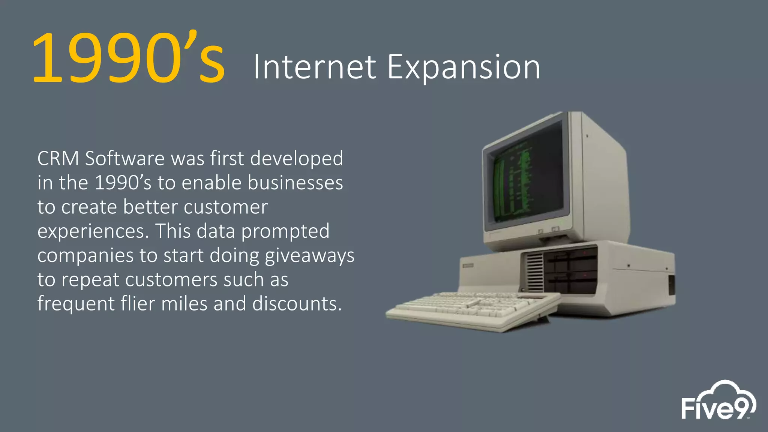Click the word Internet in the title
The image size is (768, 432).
tap(314, 67)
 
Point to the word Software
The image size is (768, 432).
tap(124, 159)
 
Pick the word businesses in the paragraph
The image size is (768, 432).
tap(295, 183)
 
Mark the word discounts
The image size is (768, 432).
tap(297, 304)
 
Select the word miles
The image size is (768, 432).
tap(184, 304)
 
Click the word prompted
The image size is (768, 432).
tap(285, 232)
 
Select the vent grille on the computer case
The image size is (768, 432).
tap(534, 271)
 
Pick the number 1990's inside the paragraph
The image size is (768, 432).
tap(123, 183)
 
